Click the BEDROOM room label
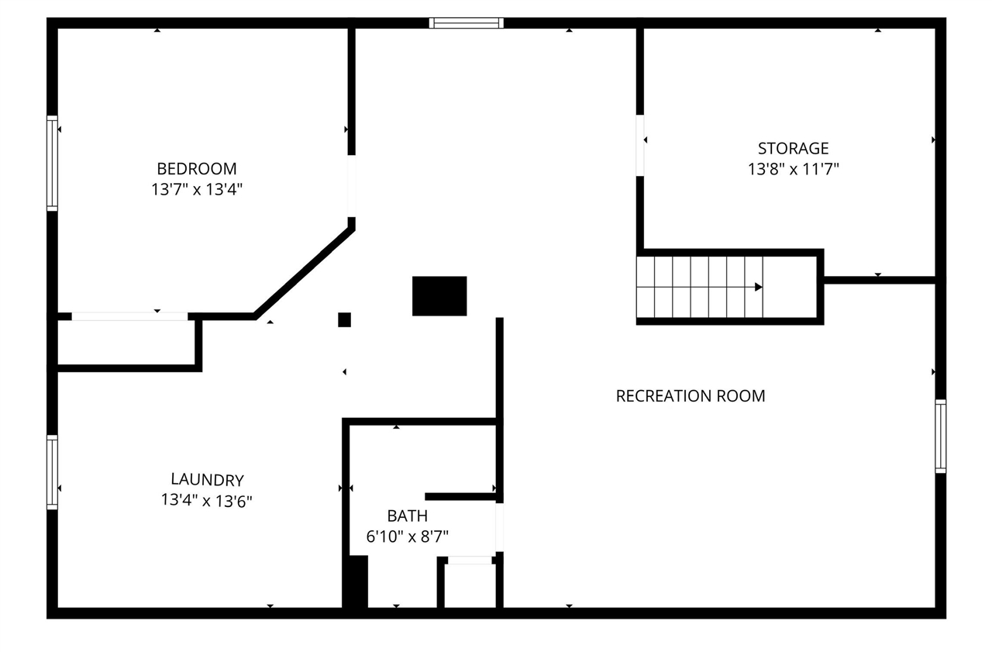tap(197, 168)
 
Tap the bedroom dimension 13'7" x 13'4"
tap(197, 188)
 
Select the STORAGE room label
tap(793, 148)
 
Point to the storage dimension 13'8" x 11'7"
tap(793, 169)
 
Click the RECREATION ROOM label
tap(690, 396)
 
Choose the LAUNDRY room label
tap(207, 480)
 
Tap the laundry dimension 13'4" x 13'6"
tap(207, 501)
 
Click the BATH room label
tap(407, 516)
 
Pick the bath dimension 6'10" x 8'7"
tap(407, 536)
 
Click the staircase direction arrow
tap(758, 287)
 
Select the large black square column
tap(439, 296)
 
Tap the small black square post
tap(344, 319)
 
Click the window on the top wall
tap(467, 23)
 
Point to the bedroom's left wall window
tap(52, 163)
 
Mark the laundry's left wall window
tap(52, 472)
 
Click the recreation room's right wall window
tap(940, 436)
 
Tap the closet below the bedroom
tap(128, 342)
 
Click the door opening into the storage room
tap(640, 146)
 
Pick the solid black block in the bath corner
tap(356, 581)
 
